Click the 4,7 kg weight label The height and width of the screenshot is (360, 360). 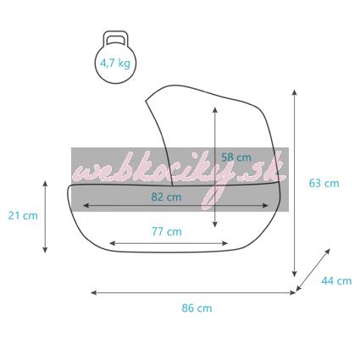click(x=115, y=64)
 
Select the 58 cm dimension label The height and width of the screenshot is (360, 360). click(x=236, y=158)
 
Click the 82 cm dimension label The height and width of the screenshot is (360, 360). click(x=166, y=197)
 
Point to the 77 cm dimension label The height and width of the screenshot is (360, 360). click(x=167, y=231)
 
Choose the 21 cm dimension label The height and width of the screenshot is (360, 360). click(x=23, y=216)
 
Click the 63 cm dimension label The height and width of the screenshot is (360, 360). click(x=324, y=183)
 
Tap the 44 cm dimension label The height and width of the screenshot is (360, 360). click(x=336, y=280)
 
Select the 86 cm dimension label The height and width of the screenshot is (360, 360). click(x=197, y=307)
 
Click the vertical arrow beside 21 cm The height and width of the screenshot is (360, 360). click(x=45, y=217)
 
